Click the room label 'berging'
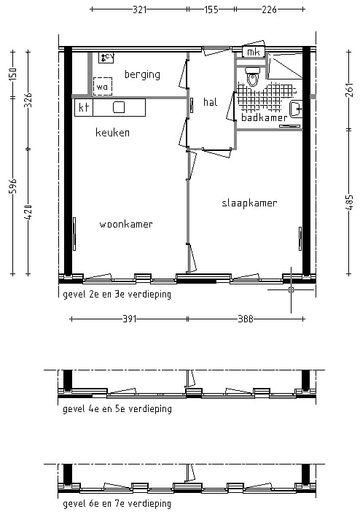pyautogui.click(x=141, y=74)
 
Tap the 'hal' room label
pyautogui.click(x=211, y=102)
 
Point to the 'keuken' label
pyautogui.click(x=113, y=133)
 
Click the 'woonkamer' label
pyautogui.click(x=126, y=225)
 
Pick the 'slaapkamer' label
pyautogui.click(x=249, y=203)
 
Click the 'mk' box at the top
pyautogui.click(x=253, y=53)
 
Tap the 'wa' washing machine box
pyautogui.click(x=102, y=87)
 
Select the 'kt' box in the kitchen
pyautogui.click(x=83, y=107)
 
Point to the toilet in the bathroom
pyautogui.click(x=252, y=77)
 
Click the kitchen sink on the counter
pyautogui.click(x=119, y=107)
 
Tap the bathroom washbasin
pyautogui.click(x=295, y=109)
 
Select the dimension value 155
pyautogui.click(x=211, y=9)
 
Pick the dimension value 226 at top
pyautogui.click(x=269, y=9)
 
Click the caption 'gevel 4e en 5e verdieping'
pyautogui.click(x=117, y=409)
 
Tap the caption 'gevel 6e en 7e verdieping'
pyautogui.click(x=117, y=504)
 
